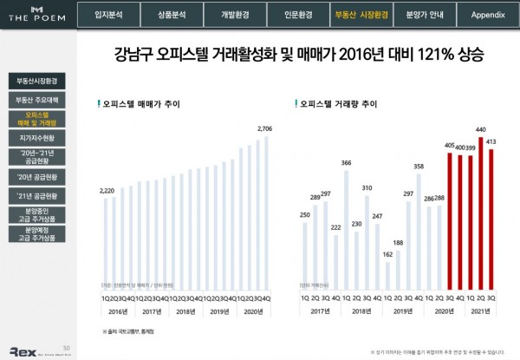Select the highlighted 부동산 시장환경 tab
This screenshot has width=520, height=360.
(x=361, y=15)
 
